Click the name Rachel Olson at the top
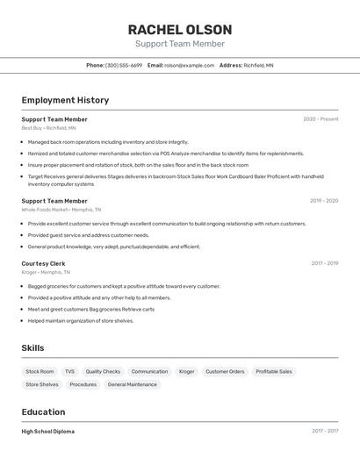[x=180, y=29]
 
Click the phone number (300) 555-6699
[x=124, y=65]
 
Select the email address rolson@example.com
[x=190, y=65]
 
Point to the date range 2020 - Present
[x=320, y=119]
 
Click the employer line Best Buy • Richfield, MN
[x=48, y=128]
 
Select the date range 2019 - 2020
[x=323, y=201]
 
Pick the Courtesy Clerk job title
[x=43, y=263]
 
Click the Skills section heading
[x=32, y=348]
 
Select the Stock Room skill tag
[x=40, y=371]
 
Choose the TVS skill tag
[x=69, y=371]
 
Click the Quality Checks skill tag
[x=103, y=371]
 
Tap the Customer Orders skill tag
[x=225, y=371]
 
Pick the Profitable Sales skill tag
[x=273, y=371]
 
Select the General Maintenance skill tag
[x=133, y=384]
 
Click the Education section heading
[x=43, y=412]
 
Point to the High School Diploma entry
[x=47, y=432]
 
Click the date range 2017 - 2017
[x=323, y=432]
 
